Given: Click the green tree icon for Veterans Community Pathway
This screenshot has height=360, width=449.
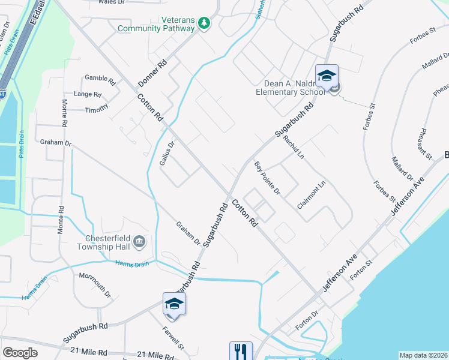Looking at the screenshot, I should (205, 22).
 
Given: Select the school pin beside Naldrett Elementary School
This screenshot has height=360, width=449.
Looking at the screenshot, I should (327, 76).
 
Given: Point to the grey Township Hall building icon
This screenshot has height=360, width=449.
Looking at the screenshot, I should (139, 242).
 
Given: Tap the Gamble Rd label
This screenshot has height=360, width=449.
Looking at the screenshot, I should (100, 79).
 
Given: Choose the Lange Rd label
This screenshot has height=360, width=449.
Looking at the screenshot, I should (88, 94).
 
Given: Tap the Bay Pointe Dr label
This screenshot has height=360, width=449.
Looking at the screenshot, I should (267, 178).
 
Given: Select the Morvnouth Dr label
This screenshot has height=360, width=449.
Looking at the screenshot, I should (95, 285).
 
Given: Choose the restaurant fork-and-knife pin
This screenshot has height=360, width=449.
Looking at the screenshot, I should (241, 351).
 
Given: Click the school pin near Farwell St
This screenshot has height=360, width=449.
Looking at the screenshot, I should (174, 304).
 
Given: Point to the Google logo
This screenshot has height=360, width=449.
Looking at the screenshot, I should (20, 353).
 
